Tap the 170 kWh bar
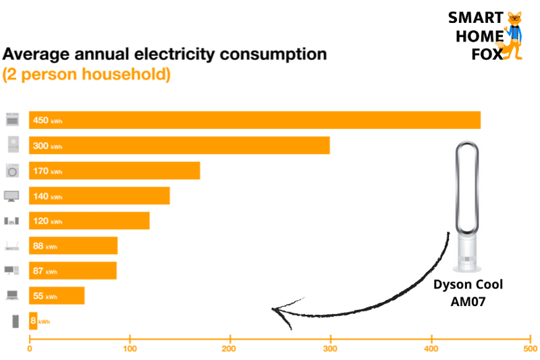click(115, 170)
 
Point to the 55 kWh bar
click(57, 296)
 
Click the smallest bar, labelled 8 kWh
click(33, 321)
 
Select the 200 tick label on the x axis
click(230, 349)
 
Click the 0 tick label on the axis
click(30, 349)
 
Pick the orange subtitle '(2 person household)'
click(86, 74)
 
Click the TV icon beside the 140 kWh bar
click(12, 196)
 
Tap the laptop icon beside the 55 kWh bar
click(12, 295)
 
